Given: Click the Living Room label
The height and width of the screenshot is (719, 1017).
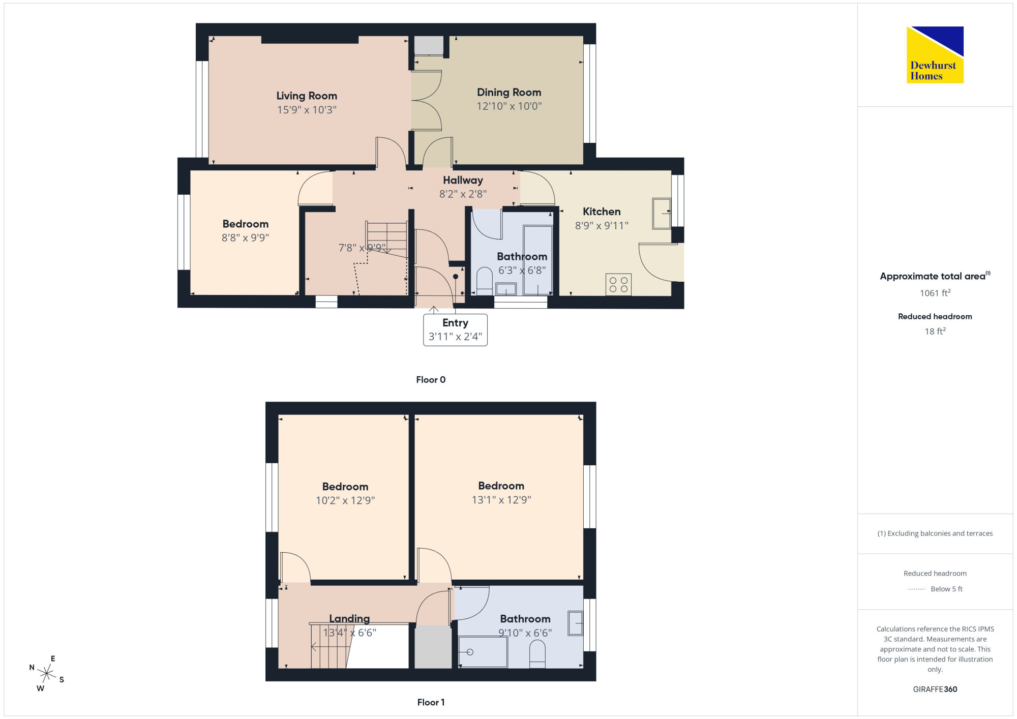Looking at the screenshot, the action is click(307, 96).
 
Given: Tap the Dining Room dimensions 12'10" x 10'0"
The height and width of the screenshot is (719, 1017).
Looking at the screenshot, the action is click(509, 106).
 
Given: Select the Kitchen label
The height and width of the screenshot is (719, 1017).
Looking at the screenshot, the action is click(602, 212).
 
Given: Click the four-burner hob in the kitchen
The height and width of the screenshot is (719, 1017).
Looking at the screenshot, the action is click(618, 285).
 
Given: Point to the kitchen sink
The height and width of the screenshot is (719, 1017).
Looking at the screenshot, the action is click(662, 214).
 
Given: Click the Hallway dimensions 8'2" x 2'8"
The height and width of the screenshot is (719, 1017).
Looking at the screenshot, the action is click(463, 194).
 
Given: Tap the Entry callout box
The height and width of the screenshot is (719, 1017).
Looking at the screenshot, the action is click(455, 329).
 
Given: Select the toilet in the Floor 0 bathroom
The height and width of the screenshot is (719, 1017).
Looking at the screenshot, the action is click(485, 281).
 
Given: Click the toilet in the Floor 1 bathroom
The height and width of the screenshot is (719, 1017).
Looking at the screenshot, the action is click(537, 654).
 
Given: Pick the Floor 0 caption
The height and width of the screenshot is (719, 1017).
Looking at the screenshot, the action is click(431, 380).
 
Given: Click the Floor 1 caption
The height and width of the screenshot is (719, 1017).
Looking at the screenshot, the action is click(431, 702).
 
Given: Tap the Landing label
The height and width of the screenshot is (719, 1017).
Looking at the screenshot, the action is click(349, 619).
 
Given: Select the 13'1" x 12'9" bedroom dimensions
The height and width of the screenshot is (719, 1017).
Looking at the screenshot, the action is click(501, 500).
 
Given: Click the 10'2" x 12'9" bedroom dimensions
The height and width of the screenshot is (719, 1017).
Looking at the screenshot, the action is click(345, 500).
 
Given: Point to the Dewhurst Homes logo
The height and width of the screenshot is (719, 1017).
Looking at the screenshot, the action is click(935, 55).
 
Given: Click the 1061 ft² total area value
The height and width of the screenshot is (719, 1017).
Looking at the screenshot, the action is click(935, 293).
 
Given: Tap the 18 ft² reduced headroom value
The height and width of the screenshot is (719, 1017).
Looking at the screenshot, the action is click(935, 331).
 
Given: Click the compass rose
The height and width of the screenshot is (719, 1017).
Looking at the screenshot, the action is click(47, 674).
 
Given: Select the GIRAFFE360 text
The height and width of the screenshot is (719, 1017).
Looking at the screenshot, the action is click(935, 690).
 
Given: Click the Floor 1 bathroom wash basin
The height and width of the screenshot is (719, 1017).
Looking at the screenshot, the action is click(575, 623).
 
